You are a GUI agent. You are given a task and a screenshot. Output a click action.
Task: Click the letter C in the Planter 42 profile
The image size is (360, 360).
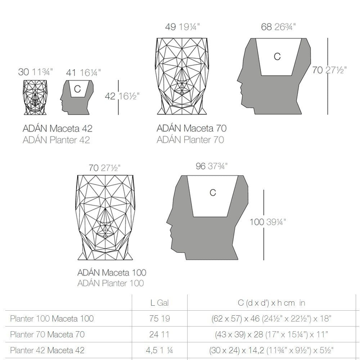77,89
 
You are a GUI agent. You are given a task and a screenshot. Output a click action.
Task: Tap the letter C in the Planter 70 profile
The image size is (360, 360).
277,57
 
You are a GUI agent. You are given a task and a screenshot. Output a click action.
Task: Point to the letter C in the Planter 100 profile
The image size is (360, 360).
213,193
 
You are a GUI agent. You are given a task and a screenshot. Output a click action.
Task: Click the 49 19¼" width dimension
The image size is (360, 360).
182,27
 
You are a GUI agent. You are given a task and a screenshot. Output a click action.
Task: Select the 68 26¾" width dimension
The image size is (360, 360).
278,27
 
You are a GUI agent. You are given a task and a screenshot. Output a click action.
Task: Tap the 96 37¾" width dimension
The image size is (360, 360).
211,166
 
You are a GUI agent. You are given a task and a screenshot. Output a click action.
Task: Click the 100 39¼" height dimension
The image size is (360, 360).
268,222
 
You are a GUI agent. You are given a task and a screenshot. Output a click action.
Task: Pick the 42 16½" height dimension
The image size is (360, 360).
122,96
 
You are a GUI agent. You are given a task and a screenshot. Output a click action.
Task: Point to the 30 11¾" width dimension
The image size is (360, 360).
35,72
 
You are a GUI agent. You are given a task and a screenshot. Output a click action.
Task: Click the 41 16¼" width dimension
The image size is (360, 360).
83,73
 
